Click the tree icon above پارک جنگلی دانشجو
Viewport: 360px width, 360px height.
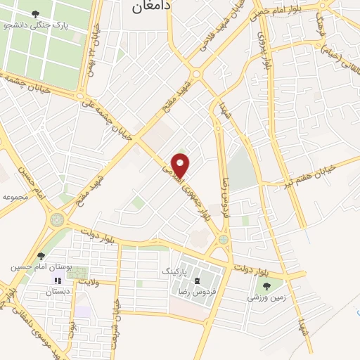point(37,13)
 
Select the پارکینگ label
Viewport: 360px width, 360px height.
point(175,270)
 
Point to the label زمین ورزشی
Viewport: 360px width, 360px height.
point(266,297)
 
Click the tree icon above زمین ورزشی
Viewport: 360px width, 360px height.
point(266,286)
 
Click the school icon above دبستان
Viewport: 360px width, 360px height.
point(58,281)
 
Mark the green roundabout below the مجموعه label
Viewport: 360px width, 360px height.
point(56,221)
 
